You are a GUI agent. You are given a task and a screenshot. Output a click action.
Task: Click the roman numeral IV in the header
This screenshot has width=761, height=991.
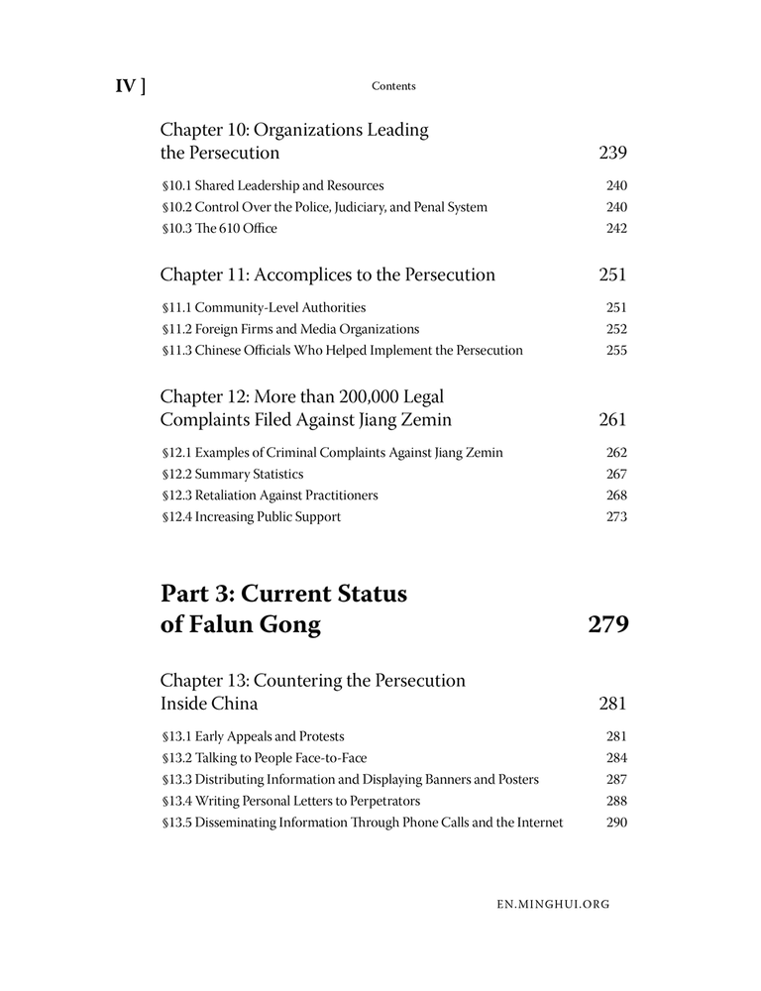click(125, 86)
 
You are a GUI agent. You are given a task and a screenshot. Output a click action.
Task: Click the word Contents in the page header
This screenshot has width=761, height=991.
click(393, 86)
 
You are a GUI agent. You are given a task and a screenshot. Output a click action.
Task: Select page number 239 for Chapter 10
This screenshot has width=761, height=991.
click(613, 153)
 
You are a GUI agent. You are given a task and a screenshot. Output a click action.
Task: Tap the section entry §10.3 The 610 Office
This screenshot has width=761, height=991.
click(219, 229)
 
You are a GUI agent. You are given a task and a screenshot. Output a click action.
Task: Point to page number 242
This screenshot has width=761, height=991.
click(616, 229)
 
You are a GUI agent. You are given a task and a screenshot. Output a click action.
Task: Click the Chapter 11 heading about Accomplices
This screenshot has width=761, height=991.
click(327, 275)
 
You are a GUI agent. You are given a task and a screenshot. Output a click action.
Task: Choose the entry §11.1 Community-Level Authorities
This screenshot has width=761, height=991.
click(263, 307)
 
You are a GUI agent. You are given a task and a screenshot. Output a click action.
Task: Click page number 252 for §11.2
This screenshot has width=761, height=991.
click(616, 329)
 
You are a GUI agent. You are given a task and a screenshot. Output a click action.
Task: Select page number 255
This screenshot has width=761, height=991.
click(616, 350)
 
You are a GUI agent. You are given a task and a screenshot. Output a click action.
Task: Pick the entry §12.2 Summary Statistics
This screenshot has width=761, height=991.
click(232, 474)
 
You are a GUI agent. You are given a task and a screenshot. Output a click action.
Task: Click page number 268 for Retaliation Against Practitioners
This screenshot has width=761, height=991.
click(616, 495)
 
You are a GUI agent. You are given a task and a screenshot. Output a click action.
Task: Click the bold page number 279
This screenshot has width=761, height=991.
click(608, 624)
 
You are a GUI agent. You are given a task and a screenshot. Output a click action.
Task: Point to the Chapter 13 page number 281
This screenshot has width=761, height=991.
click(613, 704)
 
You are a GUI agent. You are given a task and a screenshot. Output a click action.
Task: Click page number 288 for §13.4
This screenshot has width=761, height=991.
click(616, 801)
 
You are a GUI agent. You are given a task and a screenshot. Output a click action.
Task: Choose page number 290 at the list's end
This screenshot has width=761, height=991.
click(616, 823)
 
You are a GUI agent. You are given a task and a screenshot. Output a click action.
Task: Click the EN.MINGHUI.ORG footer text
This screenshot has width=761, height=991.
click(554, 904)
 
